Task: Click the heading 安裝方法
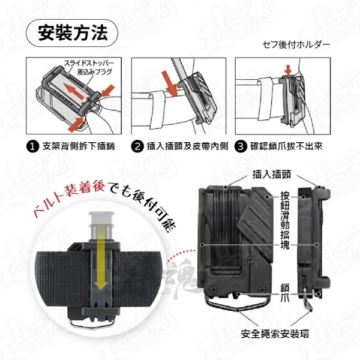[72, 33]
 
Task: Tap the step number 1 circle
[33, 146]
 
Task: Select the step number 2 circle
[137, 146]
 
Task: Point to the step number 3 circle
[241, 146]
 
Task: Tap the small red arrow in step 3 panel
[287, 70]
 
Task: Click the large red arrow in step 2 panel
[169, 83]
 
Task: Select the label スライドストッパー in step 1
[89, 63]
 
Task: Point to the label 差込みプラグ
[95, 72]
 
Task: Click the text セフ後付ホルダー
[296, 44]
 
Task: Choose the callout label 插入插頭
[271, 175]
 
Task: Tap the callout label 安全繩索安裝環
[275, 334]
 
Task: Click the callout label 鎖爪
[285, 293]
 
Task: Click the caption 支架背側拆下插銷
[79, 146]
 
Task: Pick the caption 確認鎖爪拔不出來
[286, 146]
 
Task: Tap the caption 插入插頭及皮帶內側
[187, 146]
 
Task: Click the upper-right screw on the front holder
[250, 260]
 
